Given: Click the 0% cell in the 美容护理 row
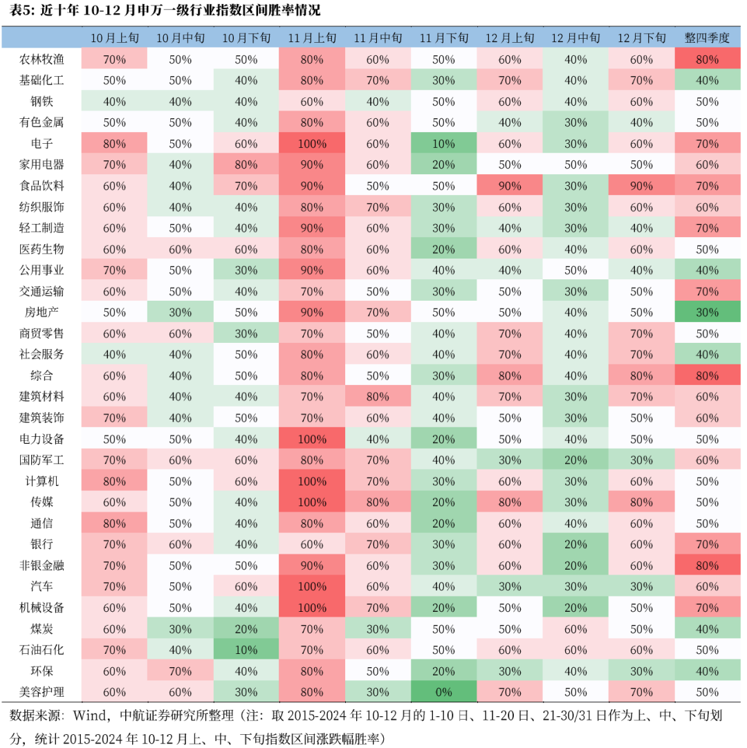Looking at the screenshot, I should click(x=443, y=692).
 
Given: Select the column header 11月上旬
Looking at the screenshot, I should click(x=311, y=38).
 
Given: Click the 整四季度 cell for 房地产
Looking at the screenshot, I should click(x=707, y=312).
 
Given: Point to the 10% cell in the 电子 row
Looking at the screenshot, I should click(x=443, y=144).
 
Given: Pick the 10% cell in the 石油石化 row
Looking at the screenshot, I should click(x=246, y=650).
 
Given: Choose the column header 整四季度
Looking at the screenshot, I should click(x=707, y=38).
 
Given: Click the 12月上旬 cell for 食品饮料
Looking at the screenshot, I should click(x=510, y=186).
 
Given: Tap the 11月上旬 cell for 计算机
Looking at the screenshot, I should click(x=311, y=481).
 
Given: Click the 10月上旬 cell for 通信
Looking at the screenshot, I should click(x=114, y=523).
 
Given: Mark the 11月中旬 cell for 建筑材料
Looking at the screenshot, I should click(x=378, y=397).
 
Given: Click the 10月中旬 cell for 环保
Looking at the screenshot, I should click(x=180, y=671).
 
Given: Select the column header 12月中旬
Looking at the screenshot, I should click(x=575, y=38).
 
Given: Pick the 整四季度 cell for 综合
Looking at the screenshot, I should click(x=707, y=376).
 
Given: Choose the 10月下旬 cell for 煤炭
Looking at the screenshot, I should click(x=246, y=629).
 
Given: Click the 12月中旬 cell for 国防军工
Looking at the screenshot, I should click(x=575, y=460).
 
